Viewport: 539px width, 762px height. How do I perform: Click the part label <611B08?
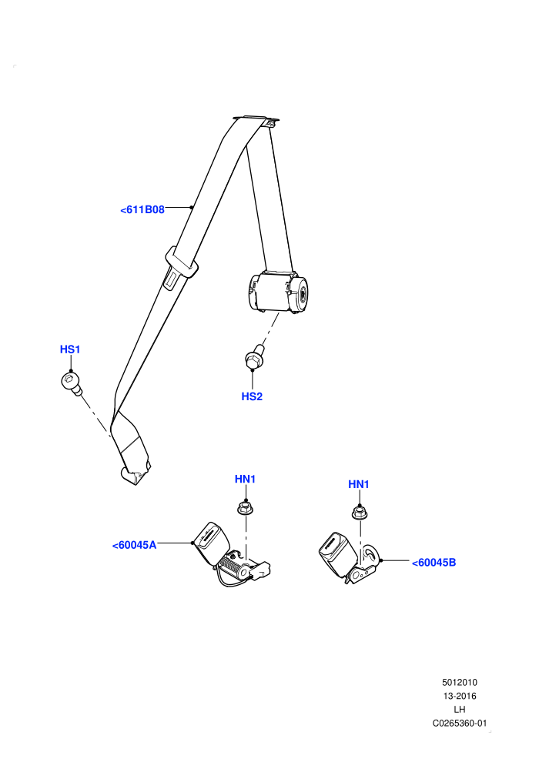pos(142,209)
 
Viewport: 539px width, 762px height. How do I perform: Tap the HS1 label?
pos(70,349)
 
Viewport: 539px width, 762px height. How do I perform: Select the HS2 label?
pos(252,396)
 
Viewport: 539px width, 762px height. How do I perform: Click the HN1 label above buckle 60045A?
pos(245,480)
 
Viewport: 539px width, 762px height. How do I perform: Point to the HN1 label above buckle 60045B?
pos(359,484)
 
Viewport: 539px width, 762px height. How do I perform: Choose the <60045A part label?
pos(134,545)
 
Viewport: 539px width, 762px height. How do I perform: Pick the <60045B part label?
pos(434,563)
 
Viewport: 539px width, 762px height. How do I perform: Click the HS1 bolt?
pos(72,383)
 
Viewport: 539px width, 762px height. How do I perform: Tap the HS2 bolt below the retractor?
pos(255,358)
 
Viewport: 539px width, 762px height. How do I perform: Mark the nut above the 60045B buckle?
pos(360,513)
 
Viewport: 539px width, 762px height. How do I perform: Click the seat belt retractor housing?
pos(276,292)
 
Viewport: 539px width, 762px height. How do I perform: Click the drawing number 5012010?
pos(460,682)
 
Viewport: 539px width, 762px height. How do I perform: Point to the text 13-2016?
pos(460,696)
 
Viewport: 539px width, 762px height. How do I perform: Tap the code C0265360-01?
pos(460,723)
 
